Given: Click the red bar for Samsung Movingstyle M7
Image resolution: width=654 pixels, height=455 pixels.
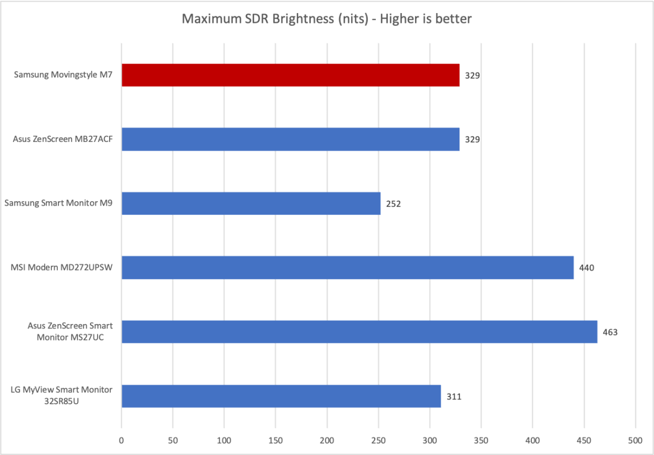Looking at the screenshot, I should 290,75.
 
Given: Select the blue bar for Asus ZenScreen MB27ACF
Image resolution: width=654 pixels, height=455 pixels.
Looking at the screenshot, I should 290,139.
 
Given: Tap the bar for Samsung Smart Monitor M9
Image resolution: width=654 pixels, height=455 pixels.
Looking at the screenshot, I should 251,203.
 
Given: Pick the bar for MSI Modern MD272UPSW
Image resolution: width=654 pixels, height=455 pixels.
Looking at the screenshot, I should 347,267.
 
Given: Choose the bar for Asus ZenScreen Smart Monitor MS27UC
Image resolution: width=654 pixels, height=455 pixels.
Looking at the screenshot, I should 359,332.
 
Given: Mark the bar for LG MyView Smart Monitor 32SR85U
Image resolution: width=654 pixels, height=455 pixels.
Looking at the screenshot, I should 281,396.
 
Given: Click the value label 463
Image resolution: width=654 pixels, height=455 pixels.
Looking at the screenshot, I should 610,332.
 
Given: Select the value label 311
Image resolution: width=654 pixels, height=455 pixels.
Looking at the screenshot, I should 454,397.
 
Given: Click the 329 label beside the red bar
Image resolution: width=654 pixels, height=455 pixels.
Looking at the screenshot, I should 472,76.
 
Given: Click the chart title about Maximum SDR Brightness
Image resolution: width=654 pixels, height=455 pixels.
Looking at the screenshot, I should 327,19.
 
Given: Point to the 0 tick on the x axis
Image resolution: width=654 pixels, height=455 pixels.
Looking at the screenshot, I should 121,439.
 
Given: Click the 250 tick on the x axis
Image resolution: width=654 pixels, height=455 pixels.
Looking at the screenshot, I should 379,439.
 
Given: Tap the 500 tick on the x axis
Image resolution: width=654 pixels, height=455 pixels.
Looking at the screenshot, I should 635,439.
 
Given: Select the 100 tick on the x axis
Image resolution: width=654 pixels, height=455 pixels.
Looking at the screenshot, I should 224,439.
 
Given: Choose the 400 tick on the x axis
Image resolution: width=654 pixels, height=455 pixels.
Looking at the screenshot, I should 533,439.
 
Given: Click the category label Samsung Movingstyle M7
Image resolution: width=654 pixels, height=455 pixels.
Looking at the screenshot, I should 63,75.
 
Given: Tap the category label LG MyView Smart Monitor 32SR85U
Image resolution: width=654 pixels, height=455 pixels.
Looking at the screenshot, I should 62,396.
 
